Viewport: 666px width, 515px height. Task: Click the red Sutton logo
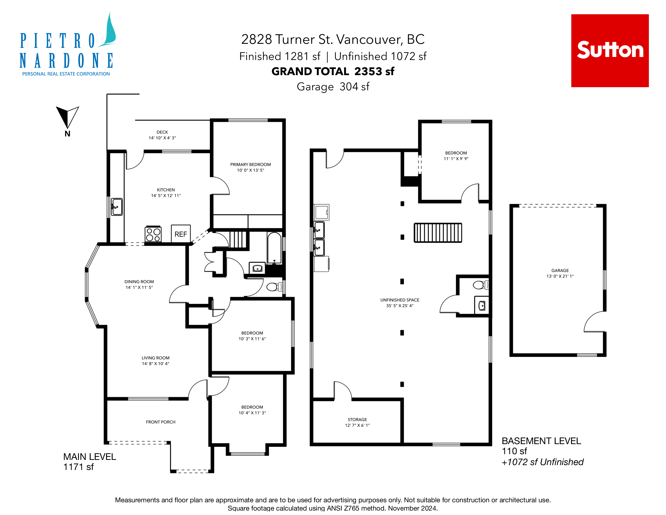click(x=610, y=51)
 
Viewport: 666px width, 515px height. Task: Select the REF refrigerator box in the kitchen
click(x=181, y=234)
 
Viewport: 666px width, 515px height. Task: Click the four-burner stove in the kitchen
click(x=153, y=234)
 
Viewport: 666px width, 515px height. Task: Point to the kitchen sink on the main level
click(x=116, y=207)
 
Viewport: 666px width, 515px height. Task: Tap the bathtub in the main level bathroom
click(x=274, y=248)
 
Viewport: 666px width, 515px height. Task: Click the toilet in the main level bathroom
click(x=274, y=287)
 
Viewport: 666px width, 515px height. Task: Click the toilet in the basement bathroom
click(x=481, y=285)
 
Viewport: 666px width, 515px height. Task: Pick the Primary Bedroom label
click(x=250, y=164)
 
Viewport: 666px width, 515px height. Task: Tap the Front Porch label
click(x=161, y=422)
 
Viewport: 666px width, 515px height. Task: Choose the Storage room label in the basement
click(x=357, y=419)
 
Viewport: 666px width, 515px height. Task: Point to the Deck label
click(x=162, y=132)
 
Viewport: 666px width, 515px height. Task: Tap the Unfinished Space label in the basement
click(x=400, y=300)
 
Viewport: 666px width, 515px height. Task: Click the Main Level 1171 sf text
click(x=90, y=462)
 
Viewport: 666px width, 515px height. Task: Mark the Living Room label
click(x=156, y=358)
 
